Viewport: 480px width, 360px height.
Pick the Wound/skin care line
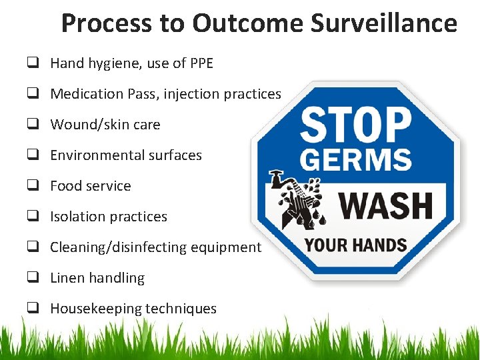coord(105,125)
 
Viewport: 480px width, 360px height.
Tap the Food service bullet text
coord(91,186)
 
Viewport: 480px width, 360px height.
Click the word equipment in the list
coord(226,247)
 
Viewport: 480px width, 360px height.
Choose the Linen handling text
coord(97,278)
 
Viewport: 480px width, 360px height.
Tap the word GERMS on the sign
coord(355,161)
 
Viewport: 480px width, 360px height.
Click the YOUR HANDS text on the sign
coord(355,245)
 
